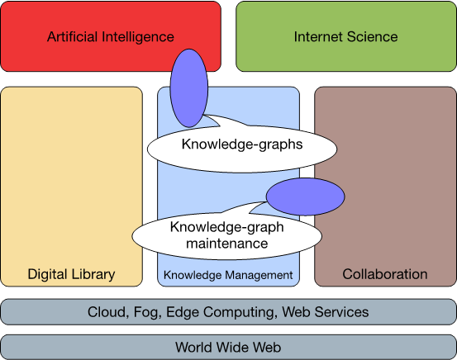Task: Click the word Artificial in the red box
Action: (x=72, y=36)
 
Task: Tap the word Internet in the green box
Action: (x=318, y=36)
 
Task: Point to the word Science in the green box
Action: (x=372, y=36)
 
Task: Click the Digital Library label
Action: (x=71, y=275)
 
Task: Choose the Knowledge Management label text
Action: (x=228, y=275)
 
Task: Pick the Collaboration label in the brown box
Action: (x=385, y=274)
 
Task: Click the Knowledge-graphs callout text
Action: (x=242, y=144)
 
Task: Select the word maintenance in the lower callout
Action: (x=227, y=244)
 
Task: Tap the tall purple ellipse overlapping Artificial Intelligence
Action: (x=189, y=88)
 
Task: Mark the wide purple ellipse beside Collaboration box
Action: (x=306, y=197)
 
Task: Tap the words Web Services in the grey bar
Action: (x=326, y=312)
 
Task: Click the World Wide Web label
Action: (x=228, y=348)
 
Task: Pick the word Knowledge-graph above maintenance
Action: (x=227, y=228)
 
